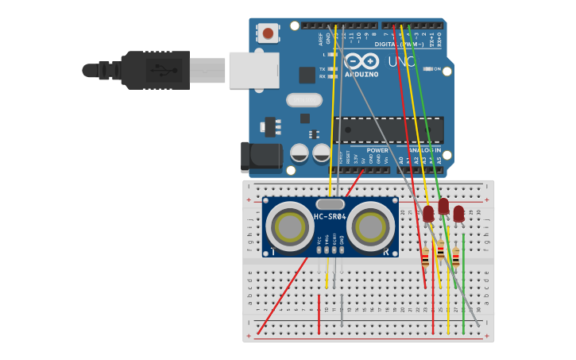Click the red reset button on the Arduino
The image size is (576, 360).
point(268,33)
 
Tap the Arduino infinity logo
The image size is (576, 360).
point(361,62)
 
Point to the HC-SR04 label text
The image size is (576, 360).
point(330,217)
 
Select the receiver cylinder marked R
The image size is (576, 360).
point(371,227)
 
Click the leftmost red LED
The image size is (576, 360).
point(428,214)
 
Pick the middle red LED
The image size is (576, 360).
point(443,207)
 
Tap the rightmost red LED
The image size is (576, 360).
point(458,214)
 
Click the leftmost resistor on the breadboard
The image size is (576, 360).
point(425,257)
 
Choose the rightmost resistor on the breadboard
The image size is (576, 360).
point(456,257)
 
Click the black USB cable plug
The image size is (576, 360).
point(155,70)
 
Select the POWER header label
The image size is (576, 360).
point(377,149)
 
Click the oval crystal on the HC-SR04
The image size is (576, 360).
point(330,204)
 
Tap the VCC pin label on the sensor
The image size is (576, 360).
point(319,238)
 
